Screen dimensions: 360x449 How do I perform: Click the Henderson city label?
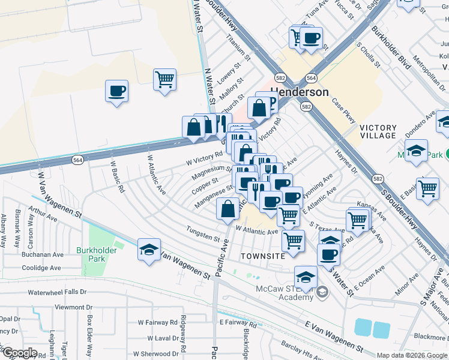300,92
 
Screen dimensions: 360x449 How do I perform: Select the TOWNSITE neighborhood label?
262,256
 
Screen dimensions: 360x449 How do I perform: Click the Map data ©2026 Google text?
412,355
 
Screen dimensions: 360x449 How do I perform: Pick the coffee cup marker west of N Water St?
116,92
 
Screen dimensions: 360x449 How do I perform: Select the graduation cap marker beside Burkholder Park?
148,250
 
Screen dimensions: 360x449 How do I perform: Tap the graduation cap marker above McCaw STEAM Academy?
306,277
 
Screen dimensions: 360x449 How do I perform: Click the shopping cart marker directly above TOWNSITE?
293,241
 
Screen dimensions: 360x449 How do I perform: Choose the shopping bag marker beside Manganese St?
228,209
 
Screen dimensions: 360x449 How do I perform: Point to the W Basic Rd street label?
117,176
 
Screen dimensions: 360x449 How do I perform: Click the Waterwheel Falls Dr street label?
58,293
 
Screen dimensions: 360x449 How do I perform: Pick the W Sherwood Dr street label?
155,354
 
